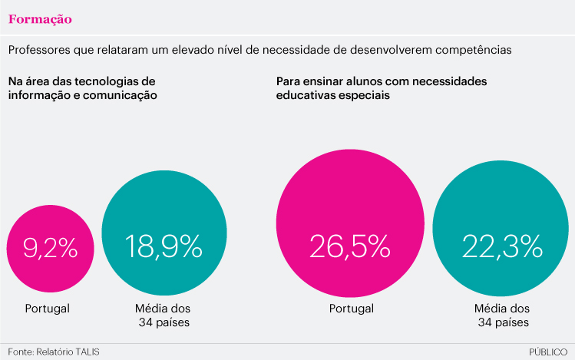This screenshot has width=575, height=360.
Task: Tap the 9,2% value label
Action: coord(51,247)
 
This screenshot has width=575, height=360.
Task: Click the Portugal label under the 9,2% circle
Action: coord(47,309)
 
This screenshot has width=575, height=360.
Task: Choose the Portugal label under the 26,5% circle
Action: coord(351,309)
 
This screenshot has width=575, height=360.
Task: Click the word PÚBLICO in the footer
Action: coord(548,352)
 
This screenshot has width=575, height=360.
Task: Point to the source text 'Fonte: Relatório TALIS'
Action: coord(54,352)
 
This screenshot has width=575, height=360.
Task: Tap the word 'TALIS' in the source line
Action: coord(86,352)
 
